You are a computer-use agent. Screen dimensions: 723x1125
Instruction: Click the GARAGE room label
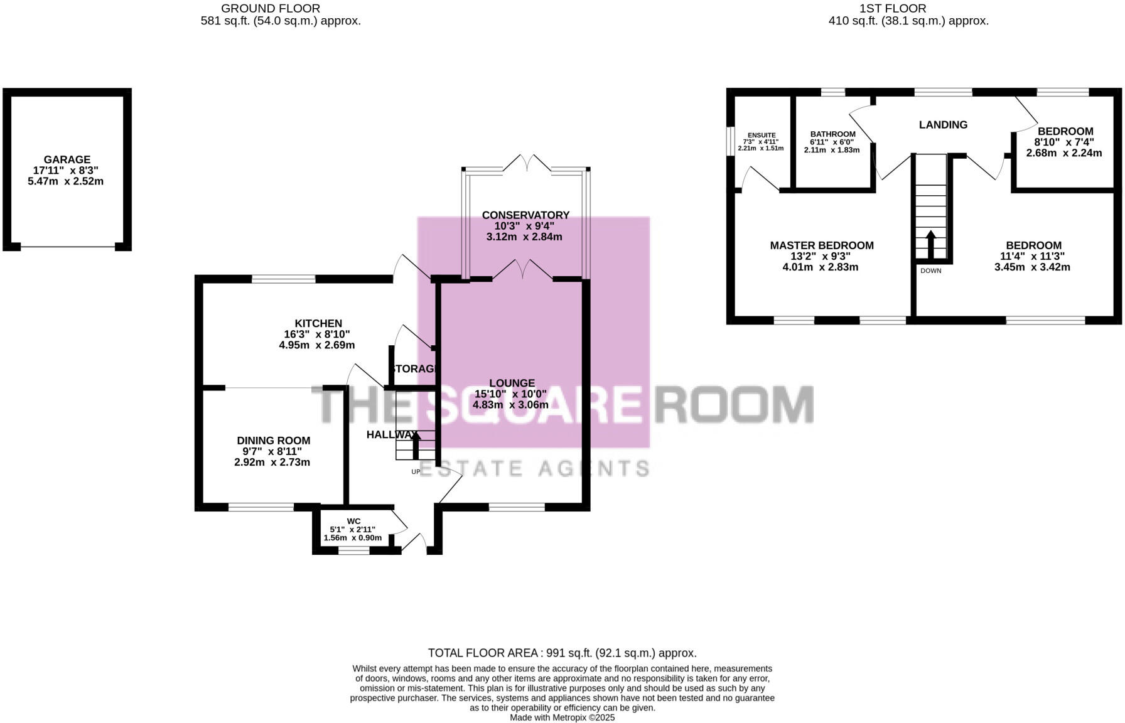[x=67, y=159]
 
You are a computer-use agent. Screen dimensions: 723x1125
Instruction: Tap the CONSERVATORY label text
[x=525, y=215]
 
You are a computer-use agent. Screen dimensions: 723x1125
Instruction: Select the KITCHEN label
[x=318, y=323]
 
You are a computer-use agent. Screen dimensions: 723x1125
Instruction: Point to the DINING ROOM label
[x=273, y=441]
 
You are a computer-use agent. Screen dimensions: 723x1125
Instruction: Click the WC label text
[x=353, y=521]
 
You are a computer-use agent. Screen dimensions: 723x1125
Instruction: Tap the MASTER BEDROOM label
[x=821, y=245]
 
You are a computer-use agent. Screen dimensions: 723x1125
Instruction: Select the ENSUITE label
[x=762, y=135]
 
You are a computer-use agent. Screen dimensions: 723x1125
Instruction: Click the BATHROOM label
[x=832, y=134]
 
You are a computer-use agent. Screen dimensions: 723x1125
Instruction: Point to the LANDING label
[x=943, y=125]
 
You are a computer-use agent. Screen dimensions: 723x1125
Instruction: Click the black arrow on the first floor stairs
[x=930, y=244]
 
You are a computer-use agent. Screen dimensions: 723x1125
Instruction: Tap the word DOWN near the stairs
[x=930, y=270]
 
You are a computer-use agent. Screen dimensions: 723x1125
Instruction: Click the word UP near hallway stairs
[x=415, y=471]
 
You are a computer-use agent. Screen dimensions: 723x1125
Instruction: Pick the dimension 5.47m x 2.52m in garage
[x=66, y=181]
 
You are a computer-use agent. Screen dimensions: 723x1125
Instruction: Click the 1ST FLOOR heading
[x=893, y=8]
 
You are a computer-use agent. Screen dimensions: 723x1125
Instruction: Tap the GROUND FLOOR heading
[x=271, y=8]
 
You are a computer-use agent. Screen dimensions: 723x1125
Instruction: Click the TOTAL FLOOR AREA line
[x=562, y=653]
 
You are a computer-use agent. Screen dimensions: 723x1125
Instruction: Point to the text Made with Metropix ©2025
[x=562, y=717]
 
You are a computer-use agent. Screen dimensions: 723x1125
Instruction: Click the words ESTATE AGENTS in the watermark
[x=534, y=468]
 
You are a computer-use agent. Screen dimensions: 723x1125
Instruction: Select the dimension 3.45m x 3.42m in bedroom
[x=1032, y=267]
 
